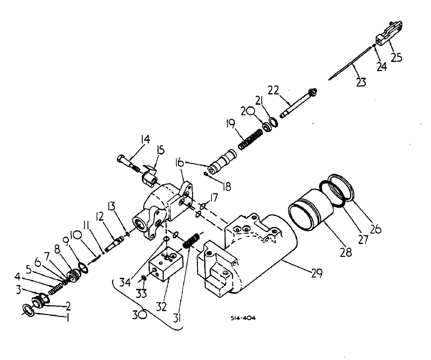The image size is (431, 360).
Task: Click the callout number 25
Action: (396, 56)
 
